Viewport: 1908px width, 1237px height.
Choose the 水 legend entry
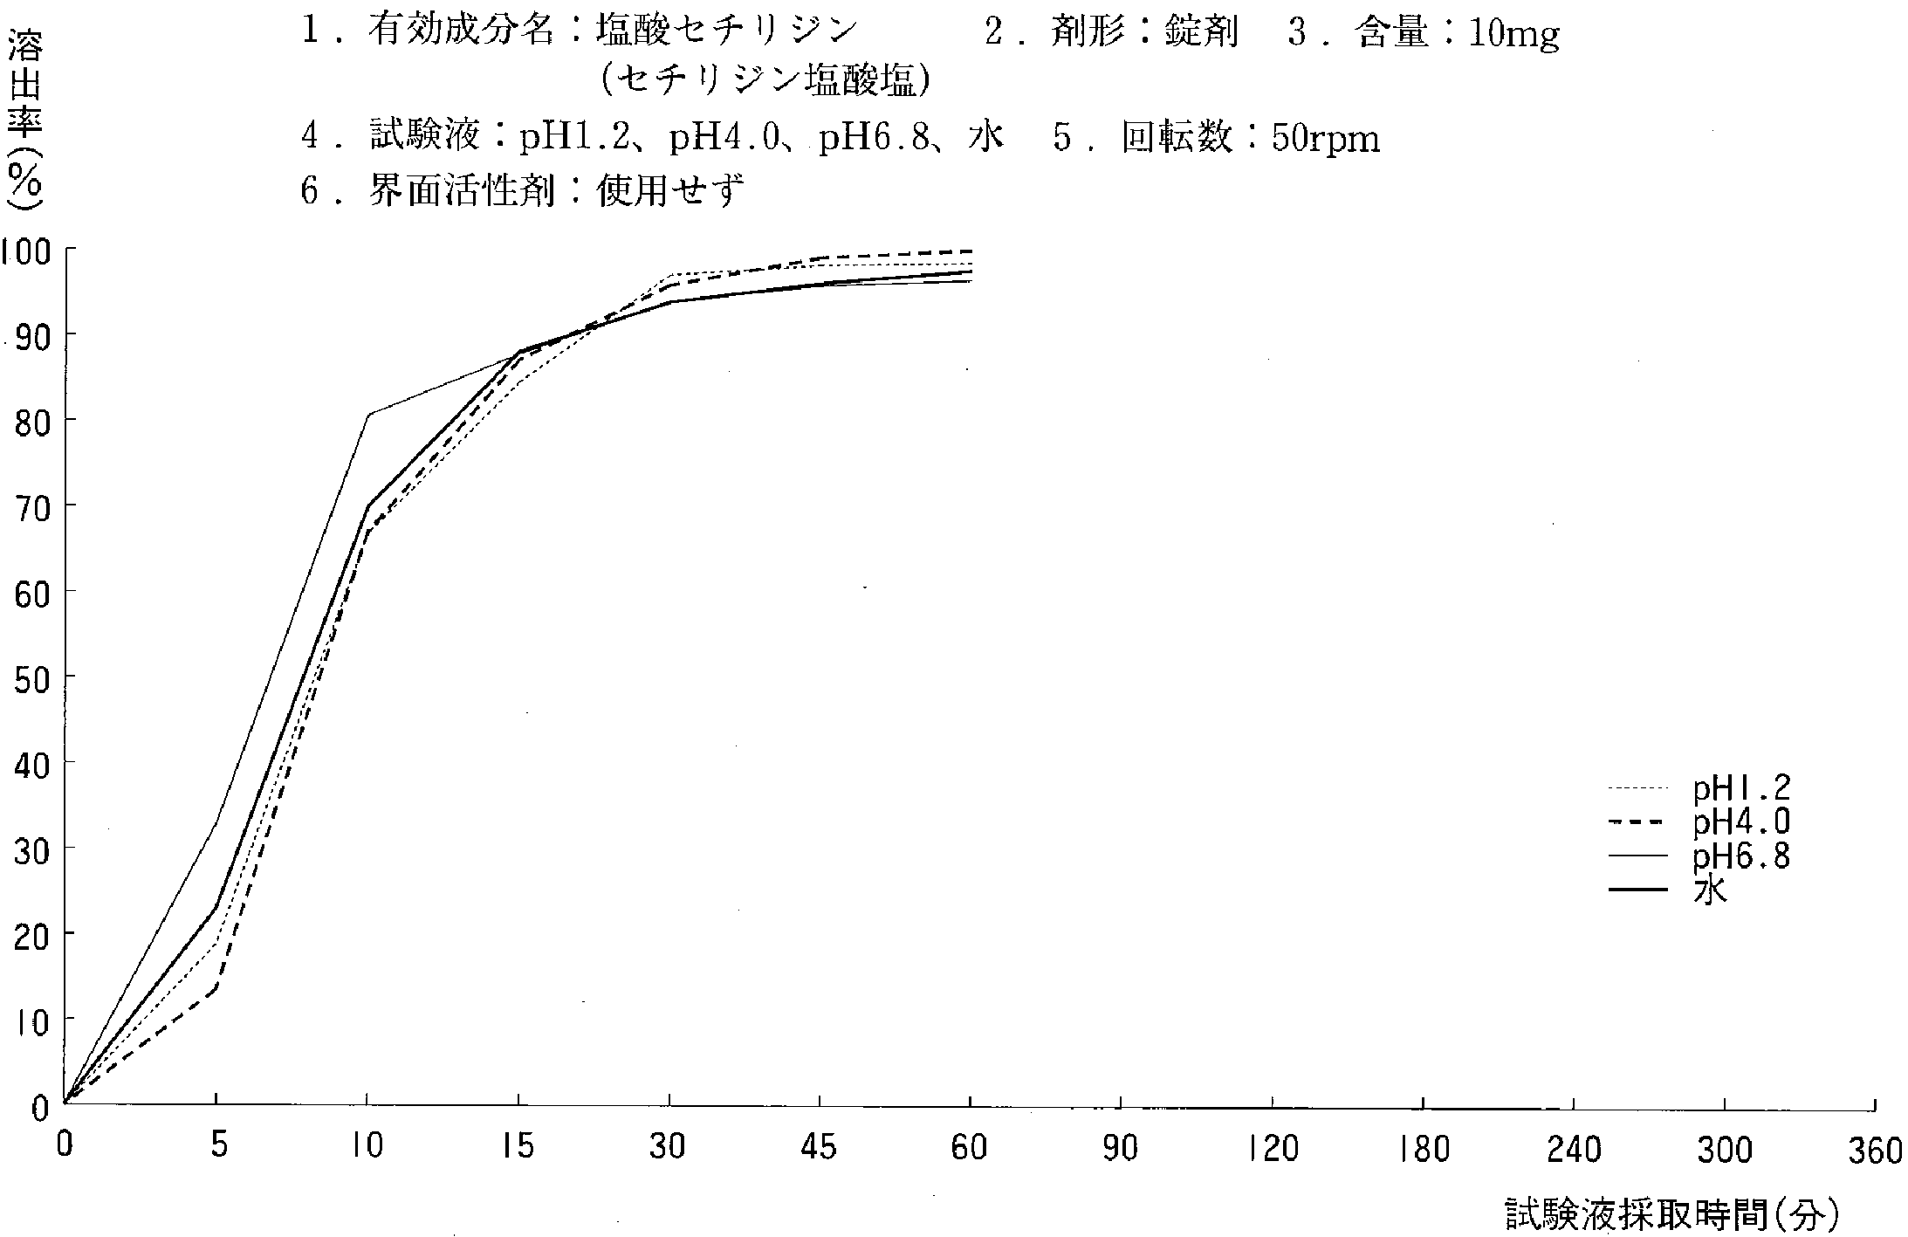(x=1710, y=890)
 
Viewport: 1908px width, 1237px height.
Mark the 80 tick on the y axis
(x=31, y=422)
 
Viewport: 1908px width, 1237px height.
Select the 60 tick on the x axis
(x=970, y=1146)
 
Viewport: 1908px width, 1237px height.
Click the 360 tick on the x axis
(x=1875, y=1151)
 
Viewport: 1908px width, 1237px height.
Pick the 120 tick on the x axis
(x=1273, y=1148)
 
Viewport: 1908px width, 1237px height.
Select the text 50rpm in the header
(x=1326, y=139)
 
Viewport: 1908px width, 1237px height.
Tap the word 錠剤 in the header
(x=1201, y=33)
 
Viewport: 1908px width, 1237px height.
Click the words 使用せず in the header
(x=669, y=189)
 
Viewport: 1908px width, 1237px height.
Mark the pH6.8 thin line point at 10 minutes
(x=367, y=414)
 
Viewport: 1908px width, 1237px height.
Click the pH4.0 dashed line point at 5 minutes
(x=216, y=986)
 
